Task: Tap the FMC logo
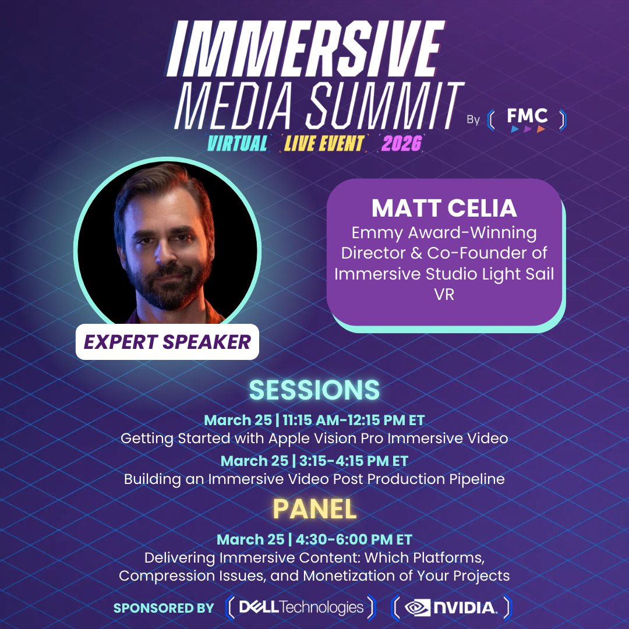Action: [526, 119]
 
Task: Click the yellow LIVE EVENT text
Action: [324, 143]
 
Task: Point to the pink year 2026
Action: [401, 143]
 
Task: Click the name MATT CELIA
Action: [444, 208]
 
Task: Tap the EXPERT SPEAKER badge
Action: [168, 342]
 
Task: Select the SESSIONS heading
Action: [314, 390]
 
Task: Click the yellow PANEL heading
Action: [314, 510]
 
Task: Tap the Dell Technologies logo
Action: [301, 607]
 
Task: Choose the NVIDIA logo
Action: [451, 607]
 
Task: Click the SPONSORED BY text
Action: [164, 608]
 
